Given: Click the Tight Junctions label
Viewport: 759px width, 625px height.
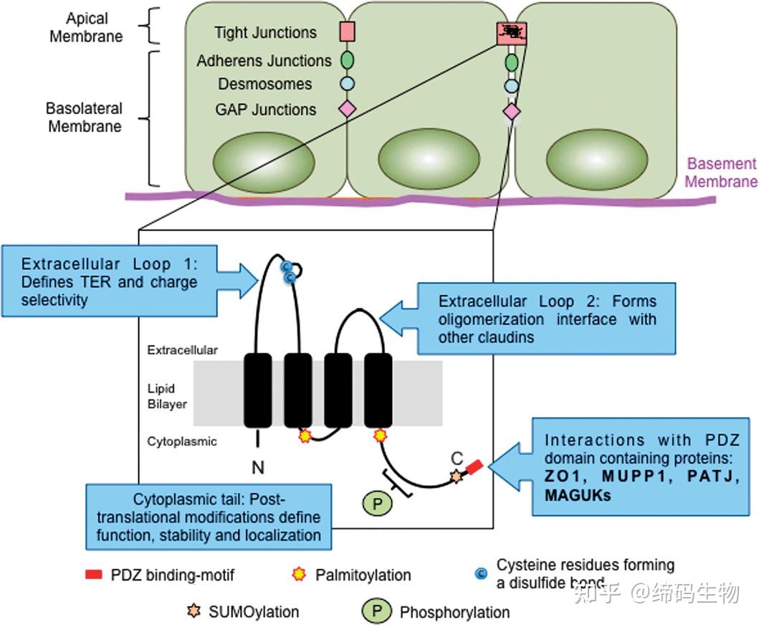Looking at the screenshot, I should [x=265, y=33].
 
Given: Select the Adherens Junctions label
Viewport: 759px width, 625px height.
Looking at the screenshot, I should [x=264, y=61].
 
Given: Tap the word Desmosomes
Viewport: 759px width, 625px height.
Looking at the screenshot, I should [x=265, y=84].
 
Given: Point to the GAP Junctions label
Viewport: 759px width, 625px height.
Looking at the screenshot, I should [x=265, y=110].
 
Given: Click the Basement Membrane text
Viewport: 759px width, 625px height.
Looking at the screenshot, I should [x=720, y=173].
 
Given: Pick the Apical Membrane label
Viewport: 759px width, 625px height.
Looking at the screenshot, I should [x=86, y=27].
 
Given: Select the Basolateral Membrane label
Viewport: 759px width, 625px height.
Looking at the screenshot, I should [x=84, y=118].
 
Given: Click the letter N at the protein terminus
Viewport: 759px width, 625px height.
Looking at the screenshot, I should [x=258, y=468].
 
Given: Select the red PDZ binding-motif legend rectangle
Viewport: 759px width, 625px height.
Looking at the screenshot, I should [x=94, y=575].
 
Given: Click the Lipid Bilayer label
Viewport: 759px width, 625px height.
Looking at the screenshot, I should [x=167, y=396].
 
